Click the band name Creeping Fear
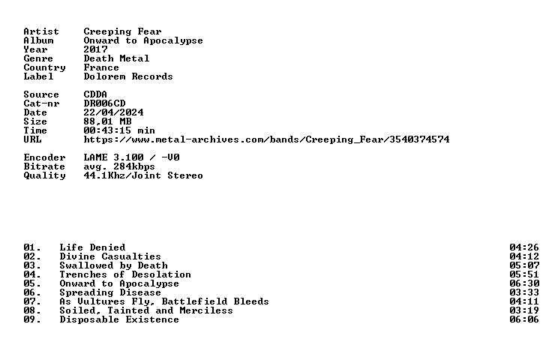point(122,31)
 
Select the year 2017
point(95,49)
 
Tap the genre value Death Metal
point(116,58)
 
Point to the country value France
point(101,67)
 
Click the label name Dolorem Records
point(128,76)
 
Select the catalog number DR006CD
point(104,103)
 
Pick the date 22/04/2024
point(113,112)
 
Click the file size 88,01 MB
point(107,121)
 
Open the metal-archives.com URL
point(267,139)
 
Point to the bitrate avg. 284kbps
point(119,166)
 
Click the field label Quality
point(44,175)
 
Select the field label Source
point(41,94)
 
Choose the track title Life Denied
point(93,247)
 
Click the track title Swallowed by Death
point(113,265)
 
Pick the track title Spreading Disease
point(110,292)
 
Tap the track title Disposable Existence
point(119,319)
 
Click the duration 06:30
point(524,283)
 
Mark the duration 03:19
point(524,310)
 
